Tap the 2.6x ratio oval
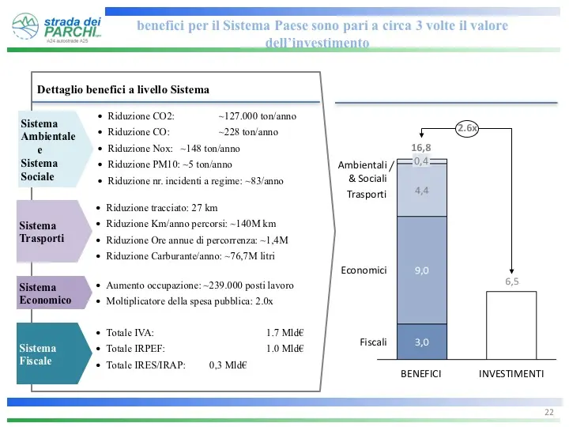point(467,128)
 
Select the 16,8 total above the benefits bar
point(421,147)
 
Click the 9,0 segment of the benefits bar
point(422,270)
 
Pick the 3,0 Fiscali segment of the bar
point(422,342)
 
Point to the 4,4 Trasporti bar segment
point(422,191)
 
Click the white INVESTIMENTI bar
point(511,325)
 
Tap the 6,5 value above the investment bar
point(511,282)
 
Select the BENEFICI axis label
point(421,373)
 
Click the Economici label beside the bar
point(364,270)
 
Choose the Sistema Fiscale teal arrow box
point(54,353)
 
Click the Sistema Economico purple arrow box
point(54,293)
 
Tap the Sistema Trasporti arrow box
point(54,231)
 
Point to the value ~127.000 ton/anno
point(258,116)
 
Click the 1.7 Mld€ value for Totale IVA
point(284,333)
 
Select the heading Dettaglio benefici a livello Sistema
point(123,89)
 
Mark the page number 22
point(549,412)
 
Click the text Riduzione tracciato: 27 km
point(162,208)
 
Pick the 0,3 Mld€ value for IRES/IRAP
point(228,365)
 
